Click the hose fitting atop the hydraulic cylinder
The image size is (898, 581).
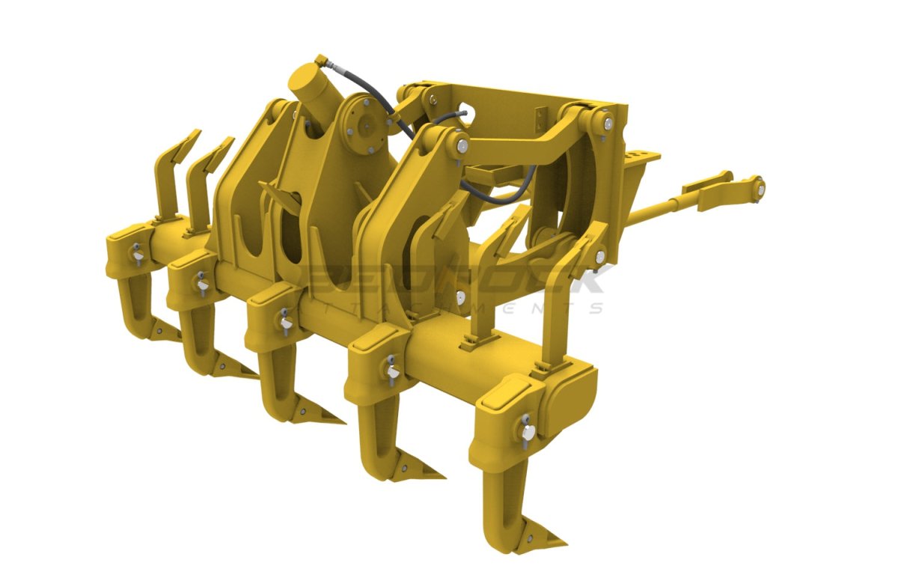pyautogui.click(x=320, y=59)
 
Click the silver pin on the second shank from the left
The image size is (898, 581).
pyautogui.click(x=201, y=284)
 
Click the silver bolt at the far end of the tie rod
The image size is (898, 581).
pyautogui.click(x=759, y=186)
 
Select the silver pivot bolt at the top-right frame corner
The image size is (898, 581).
pyautogui.click(x=608, y=122)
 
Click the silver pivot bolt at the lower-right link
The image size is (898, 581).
pyautogui.click(x=599, y=256)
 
